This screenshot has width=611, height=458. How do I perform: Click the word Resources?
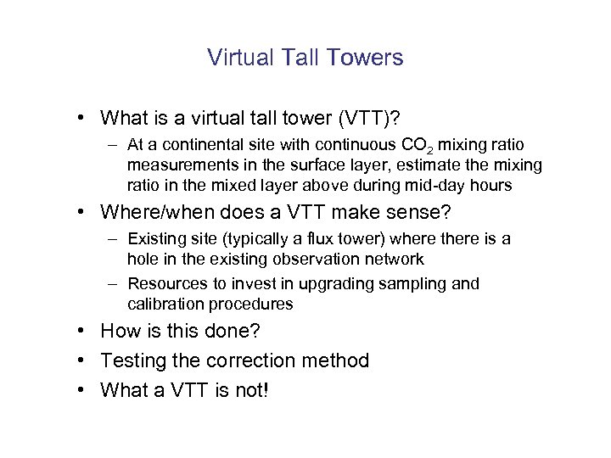pyautogui.click(x=167, y=284)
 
